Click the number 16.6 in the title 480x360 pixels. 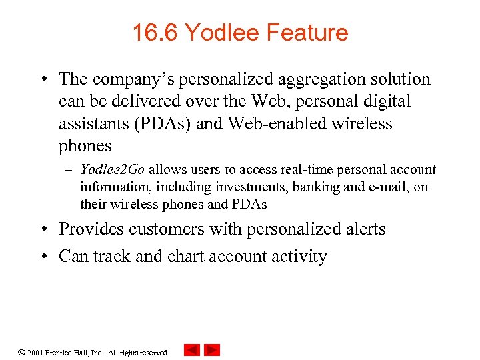point(155,33)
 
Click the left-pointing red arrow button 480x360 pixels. point(192,349)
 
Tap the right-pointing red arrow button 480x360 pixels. point(212,349)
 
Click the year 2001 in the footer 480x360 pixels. point(35,352)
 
